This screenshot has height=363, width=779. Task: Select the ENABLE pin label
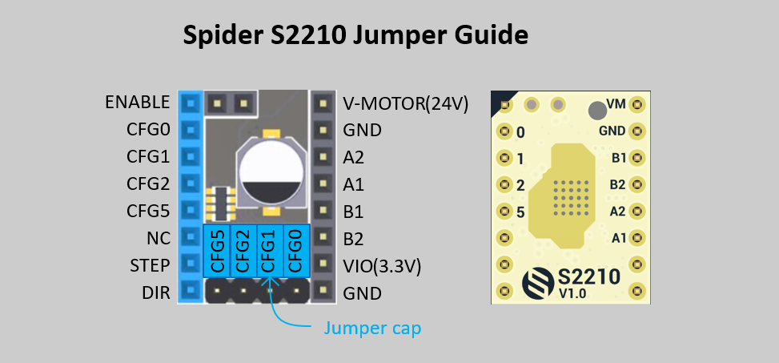(x=137, y=102)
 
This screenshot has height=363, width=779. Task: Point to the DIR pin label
(x=156, y=292)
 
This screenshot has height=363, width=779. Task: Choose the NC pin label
(x=158, y=238)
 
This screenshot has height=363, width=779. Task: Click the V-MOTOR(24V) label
(x=405, y=103)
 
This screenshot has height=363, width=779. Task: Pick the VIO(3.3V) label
(x=382, y=265)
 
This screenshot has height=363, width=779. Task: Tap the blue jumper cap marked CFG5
(x=217, y=251)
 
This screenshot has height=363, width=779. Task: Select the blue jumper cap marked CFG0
(x=295, y=251)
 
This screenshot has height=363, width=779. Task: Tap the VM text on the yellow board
(x=616, y=104)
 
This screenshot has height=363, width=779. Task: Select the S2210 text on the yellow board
(x=589, y=276)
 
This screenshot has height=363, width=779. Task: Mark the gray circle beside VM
(x=596, y=110)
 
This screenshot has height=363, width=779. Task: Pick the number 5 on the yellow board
(x=520, y=212)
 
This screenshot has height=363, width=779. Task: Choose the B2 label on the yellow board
(x=617, y=184)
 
